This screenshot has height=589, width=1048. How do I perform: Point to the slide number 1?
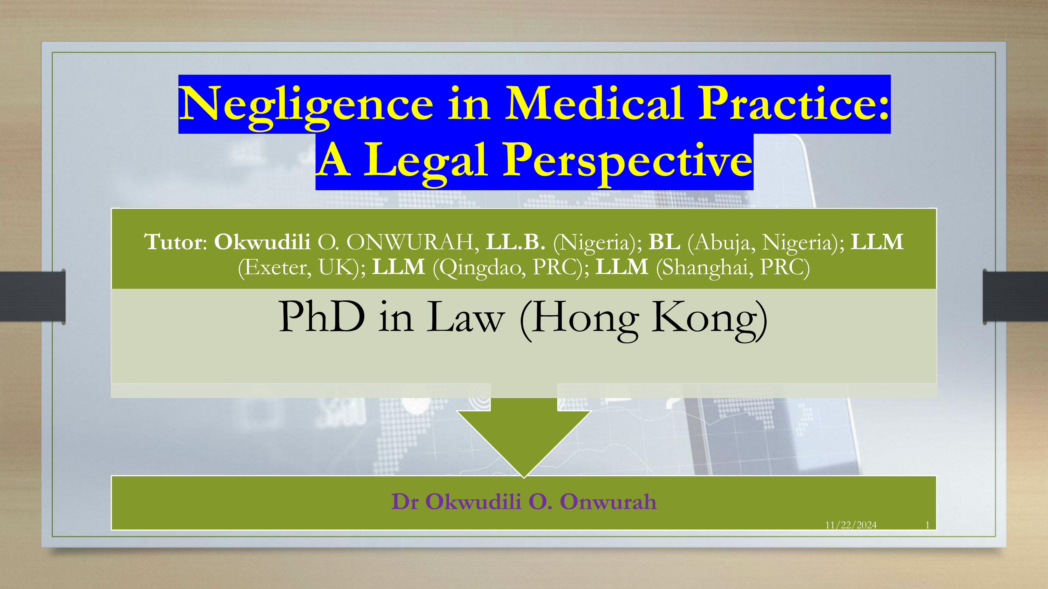tap(927, 525)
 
